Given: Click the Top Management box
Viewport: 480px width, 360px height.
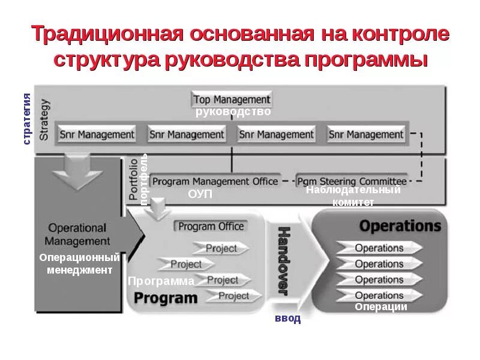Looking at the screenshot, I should [232, 100].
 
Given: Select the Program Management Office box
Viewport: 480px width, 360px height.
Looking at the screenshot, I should [215, 181].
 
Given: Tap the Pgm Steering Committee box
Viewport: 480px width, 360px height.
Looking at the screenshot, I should [352, 181].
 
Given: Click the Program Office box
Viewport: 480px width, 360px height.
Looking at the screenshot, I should [211, 226].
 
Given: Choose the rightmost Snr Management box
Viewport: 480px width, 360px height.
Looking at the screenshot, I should [366, 134].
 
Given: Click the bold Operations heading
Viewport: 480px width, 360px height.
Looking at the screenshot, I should [400, 226].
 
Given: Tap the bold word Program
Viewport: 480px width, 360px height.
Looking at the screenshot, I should [166, 298].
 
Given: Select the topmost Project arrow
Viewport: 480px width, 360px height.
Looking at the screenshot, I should [221, 248].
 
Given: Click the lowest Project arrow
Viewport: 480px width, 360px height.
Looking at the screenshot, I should [234, 296].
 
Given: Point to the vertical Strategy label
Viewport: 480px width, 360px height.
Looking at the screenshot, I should [44, 120].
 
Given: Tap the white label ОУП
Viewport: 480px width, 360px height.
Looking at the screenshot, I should [200, 194].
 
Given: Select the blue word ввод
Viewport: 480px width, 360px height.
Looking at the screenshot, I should [288, 319].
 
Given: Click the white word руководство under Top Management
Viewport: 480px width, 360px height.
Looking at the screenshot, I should [233, 112].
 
